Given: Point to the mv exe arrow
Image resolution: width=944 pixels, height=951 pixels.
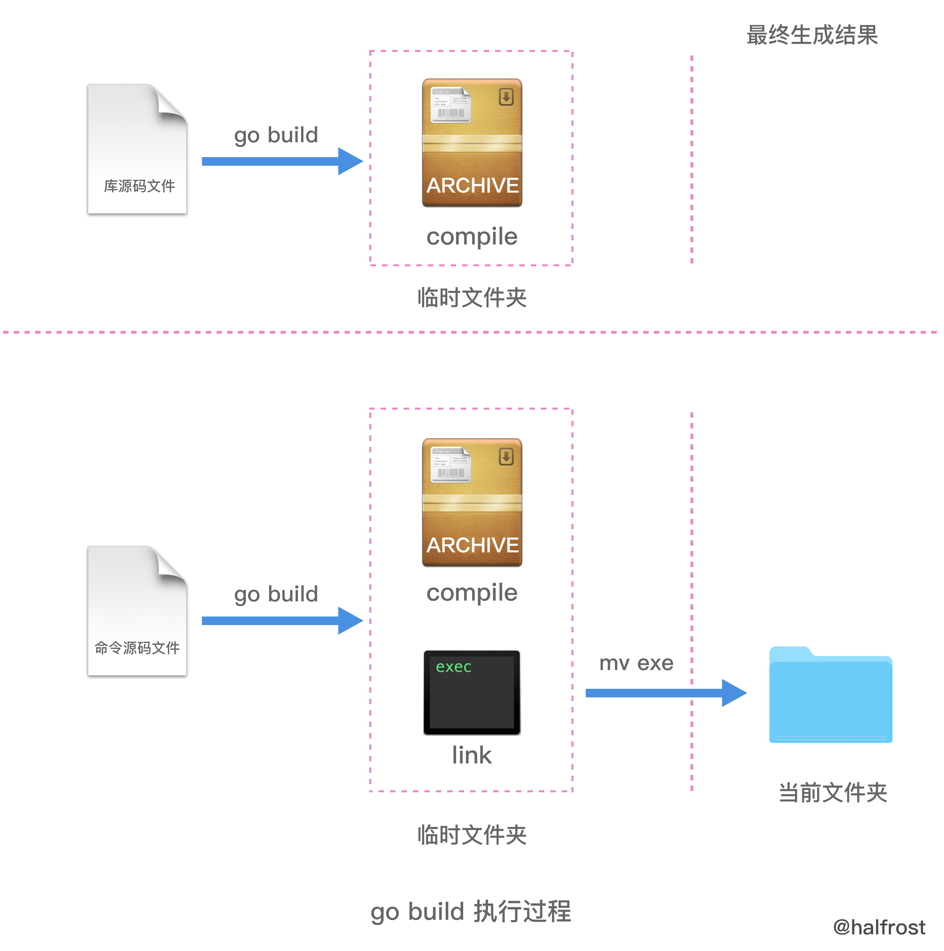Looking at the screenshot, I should point(665,693).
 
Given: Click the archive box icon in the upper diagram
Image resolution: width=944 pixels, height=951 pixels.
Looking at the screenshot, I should point(472,143).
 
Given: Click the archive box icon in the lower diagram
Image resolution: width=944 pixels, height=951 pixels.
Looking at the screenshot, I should point(472,502).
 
